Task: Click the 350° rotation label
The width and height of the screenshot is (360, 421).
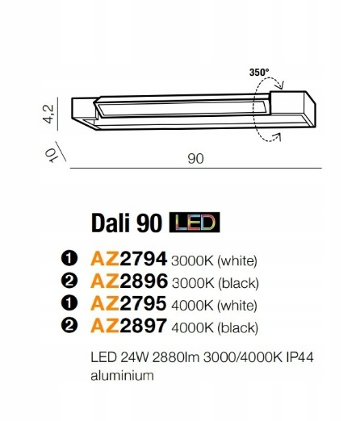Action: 259,73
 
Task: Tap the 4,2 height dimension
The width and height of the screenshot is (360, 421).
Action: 48,114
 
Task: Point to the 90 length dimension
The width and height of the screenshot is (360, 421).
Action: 195,159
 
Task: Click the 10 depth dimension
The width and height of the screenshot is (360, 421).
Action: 51,156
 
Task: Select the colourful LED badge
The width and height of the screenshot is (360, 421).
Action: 195,222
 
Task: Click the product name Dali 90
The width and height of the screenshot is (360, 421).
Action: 127,223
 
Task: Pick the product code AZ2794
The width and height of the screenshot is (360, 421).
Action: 129,259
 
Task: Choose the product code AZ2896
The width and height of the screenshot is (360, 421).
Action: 129,281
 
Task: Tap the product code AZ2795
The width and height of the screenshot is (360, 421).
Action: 128,303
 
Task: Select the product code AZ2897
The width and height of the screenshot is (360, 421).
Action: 129,326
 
